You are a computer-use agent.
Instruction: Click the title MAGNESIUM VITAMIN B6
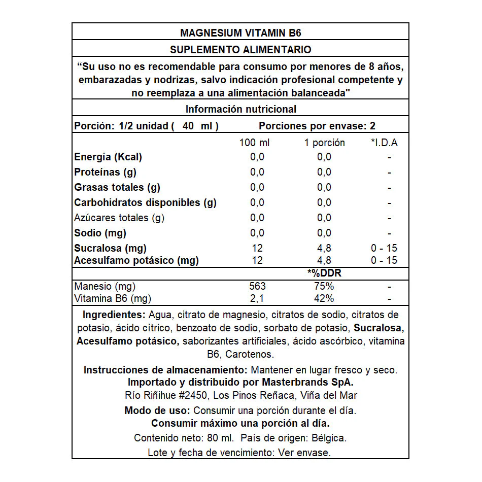(240, 33)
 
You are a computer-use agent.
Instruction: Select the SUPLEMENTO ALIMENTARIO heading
(240, 50)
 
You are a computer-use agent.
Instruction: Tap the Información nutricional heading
(240, 109)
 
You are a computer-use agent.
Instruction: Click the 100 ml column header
(255, 143)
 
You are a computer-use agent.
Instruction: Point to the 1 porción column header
(324, 143)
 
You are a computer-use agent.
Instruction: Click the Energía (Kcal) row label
(108, 157)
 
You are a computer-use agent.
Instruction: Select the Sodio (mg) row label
(100, 233)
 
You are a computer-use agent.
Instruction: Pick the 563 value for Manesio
(257, 286)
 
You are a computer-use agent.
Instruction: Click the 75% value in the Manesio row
(324, 286)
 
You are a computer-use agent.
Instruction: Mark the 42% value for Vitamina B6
(324, 298)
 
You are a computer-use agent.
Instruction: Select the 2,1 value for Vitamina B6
(257, 298)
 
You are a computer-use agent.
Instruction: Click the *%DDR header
(324, 273)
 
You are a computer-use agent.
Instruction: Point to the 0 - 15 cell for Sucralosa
(384, 248)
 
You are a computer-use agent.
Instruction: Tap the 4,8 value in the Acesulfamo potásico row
(324, 260)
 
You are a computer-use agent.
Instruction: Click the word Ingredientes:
(114, 315)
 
